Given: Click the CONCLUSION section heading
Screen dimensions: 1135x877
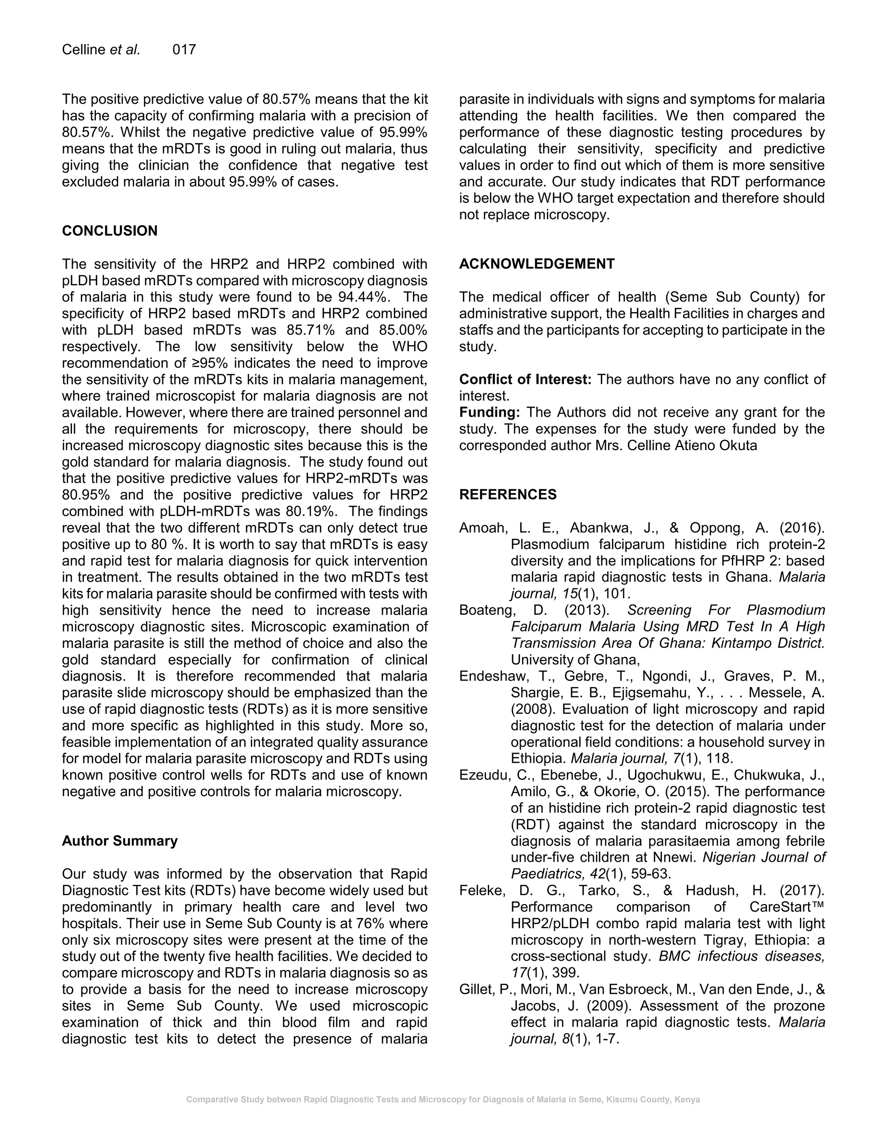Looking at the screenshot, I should click(110, 231).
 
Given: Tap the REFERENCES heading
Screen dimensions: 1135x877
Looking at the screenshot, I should click(507, 494).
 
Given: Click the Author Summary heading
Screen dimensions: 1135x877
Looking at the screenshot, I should click(119, 840).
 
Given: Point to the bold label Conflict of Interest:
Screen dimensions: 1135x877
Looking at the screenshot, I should click(525, 379).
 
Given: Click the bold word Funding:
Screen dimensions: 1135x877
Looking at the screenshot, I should click(489, 412).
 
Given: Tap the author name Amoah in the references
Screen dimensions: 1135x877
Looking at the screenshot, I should click(482, 528).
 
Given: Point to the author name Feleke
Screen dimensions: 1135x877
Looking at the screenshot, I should click(482, 891).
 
